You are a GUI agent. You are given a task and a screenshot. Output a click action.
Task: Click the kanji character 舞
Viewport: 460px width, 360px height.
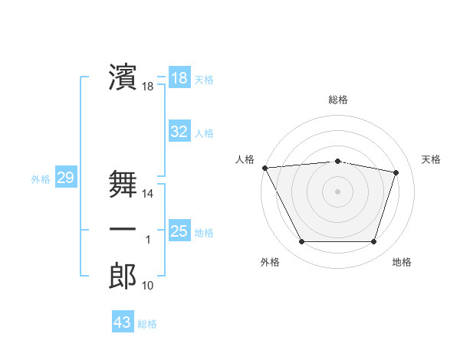click(x=123, y=184)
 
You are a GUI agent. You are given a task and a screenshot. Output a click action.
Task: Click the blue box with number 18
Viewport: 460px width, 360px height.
click(x=179, y=78)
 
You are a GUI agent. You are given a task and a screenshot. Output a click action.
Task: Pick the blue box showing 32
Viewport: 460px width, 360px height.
click(x=179, y=132)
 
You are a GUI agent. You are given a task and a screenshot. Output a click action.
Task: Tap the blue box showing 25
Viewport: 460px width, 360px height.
click(x=179, y=231)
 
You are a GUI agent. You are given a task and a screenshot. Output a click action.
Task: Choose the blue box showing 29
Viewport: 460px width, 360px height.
click(x=65, y=178)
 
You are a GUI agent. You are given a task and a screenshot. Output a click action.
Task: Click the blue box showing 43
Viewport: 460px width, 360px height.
click(x=122, y=322)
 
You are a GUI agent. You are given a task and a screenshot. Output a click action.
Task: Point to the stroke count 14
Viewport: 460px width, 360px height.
click(x=148, y=195)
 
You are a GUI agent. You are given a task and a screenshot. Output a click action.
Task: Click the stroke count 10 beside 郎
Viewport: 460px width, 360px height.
click(x=148, y=286)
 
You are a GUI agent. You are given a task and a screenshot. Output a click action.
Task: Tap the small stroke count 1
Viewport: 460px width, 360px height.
click(x=148, y=241)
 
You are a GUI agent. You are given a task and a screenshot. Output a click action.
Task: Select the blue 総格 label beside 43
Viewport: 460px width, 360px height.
click(x=147, y=324)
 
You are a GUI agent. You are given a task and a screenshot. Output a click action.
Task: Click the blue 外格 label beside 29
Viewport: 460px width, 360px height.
click(x=41, y=180)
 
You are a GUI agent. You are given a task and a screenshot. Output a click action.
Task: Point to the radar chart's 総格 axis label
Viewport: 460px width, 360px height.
click(x=337, y=100)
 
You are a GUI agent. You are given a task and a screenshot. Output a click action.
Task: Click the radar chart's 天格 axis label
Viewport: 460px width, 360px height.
click(x=431, y=159)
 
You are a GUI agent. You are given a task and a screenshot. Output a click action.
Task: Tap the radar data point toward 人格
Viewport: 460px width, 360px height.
click(x=264, y=168)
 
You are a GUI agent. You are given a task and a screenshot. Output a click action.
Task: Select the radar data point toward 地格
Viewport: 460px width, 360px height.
click(x=373, y=242)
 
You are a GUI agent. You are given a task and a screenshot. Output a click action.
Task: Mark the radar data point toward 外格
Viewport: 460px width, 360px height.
click(x=301, y=242)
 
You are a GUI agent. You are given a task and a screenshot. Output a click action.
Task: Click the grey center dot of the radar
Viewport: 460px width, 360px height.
click(x=337, y=191)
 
